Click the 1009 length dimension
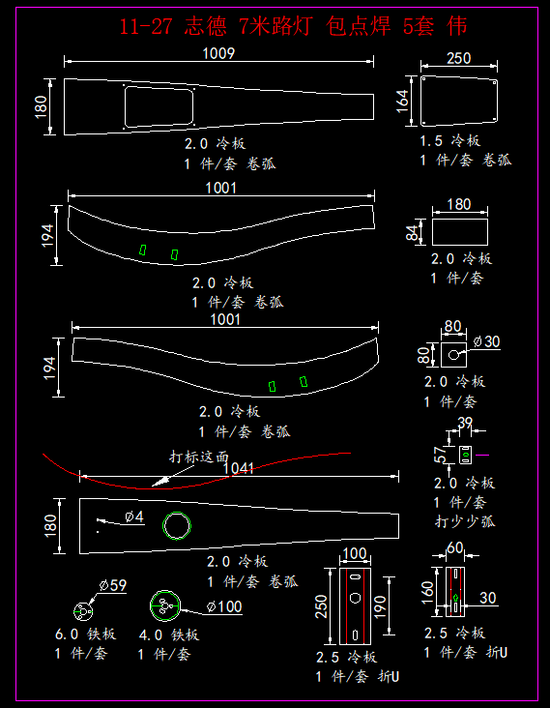click(218, 53)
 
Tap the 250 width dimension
click(458, 58)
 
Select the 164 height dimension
click(402, 101)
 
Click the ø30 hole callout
click(486, 341)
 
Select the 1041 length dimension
click(238, 468)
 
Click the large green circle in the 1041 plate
click(177, 525)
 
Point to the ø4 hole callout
click(134, 516)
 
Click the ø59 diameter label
click(113, 585)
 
